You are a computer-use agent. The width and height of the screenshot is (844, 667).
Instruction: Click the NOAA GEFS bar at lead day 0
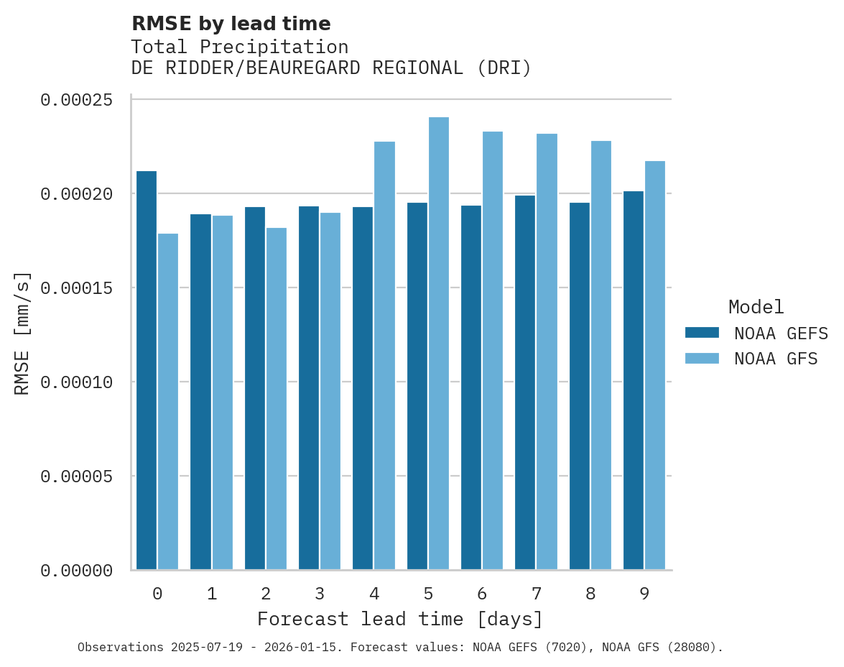point(147,370)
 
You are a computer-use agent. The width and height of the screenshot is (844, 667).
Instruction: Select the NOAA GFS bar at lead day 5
point(438,344)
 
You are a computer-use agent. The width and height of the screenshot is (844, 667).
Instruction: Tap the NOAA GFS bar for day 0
point(168,402)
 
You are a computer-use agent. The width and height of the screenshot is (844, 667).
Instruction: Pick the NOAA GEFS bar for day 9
point(634,380)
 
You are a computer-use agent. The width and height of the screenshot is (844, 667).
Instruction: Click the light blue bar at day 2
point(277,399)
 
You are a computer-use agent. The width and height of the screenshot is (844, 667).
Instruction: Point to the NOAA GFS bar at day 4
point(384,356)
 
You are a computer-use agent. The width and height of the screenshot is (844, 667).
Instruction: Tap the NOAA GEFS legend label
point(776,333)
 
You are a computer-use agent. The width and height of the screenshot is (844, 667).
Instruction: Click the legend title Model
point(756,307)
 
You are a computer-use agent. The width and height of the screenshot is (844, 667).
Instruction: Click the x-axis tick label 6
point(482,594)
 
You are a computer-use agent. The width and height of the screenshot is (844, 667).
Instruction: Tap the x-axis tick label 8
point(590,594)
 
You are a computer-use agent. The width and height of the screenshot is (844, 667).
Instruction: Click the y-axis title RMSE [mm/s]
point(22,333)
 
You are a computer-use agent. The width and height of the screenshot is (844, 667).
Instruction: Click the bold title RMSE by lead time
point(231,24)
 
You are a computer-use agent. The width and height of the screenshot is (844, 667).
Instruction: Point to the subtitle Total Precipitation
point(239,47)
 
